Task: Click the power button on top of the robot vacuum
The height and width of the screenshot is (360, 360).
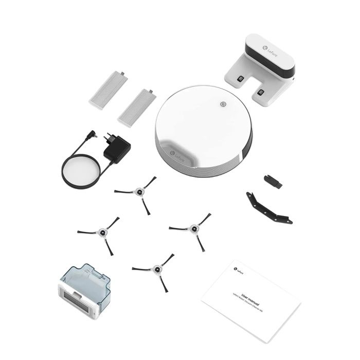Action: pyautogui.click(x=223, y=103)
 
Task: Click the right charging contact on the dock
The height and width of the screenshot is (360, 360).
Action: pyautogui.click(x=260, y=93)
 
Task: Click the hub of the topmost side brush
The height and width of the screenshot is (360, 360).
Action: pyautogui.click(x=138, y=192)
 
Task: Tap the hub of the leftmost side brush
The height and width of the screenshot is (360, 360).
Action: pyautogui.click(x=101, y=232)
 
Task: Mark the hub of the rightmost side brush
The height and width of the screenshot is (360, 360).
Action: pyautogui.click(x=193, y=228)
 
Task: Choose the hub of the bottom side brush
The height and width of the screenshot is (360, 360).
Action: pyautogui.click(x=155, y=268)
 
